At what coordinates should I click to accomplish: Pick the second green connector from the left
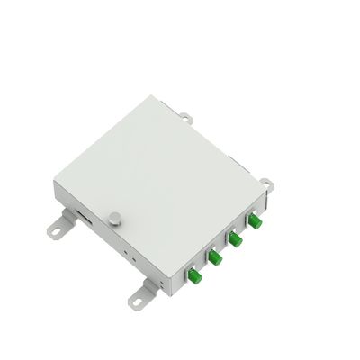click(x=216, y=258)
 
